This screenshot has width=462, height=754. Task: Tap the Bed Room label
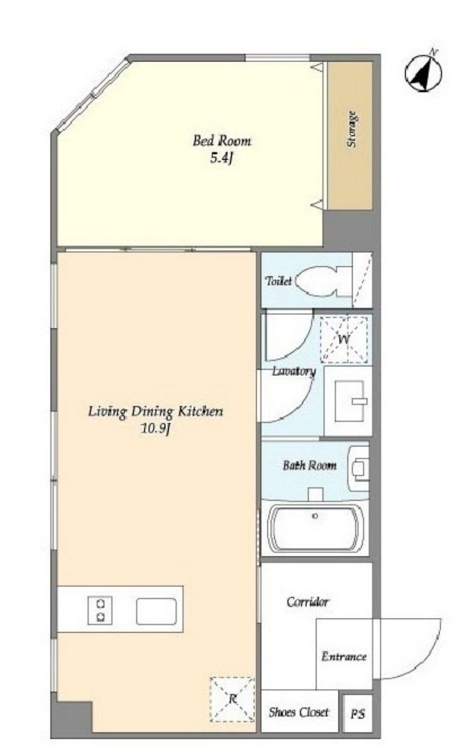pos(222,141)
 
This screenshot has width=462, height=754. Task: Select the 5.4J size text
pos(221,158)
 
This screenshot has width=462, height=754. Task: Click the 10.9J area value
pos(156,428)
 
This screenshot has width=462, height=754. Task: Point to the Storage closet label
pos(351,129)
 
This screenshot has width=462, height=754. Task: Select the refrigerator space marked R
pos(232,699)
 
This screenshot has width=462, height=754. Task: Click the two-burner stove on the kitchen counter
pos(100,610)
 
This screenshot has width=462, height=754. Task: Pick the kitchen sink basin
pos(156,611)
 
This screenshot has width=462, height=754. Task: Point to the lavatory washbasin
pos(350,401)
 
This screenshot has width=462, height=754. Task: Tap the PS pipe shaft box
pos(357,713)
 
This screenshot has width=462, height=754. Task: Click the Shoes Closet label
pos(299,712)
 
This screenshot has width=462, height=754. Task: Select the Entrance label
pos(344,656)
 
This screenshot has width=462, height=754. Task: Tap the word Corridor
pos(308,601)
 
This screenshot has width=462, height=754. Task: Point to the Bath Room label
pos(309,466)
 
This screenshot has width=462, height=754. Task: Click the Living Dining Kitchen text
pos(156,411)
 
